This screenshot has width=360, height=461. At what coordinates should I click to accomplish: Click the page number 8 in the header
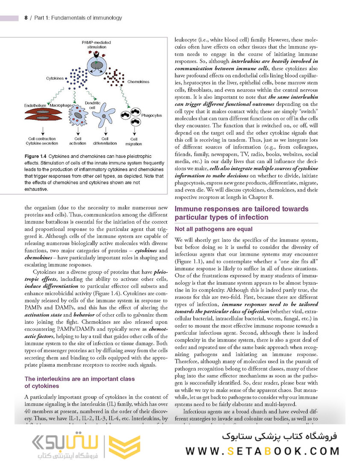(x=26, y=18)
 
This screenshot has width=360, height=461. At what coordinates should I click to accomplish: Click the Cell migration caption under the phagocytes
(x=134, y=141)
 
